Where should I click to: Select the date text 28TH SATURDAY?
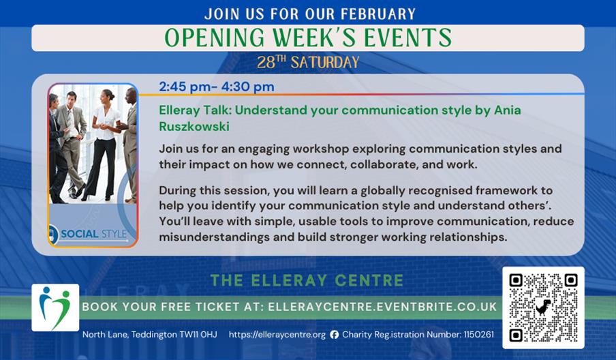tap(308, 63)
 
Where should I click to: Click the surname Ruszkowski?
tap(195, 127)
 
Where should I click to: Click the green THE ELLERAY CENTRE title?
tap(307, 280)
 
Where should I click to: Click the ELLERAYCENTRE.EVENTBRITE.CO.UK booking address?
tap(382, 307)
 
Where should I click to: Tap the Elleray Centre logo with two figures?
tap(55, 307)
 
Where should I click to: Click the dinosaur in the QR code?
tap(543, 307)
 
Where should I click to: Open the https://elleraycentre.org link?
tap(277, 335)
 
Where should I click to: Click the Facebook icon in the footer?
tap(334, 335)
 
